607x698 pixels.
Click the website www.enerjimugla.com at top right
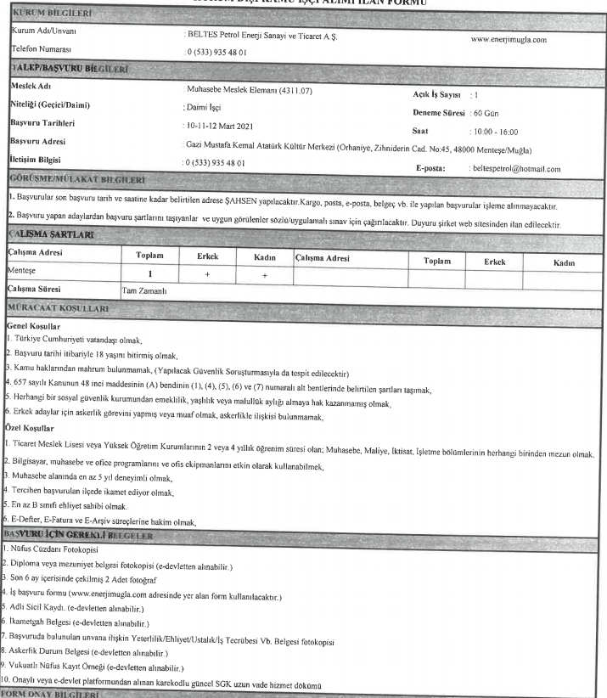coord(507,39)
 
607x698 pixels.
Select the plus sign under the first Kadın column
coord(264,273)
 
